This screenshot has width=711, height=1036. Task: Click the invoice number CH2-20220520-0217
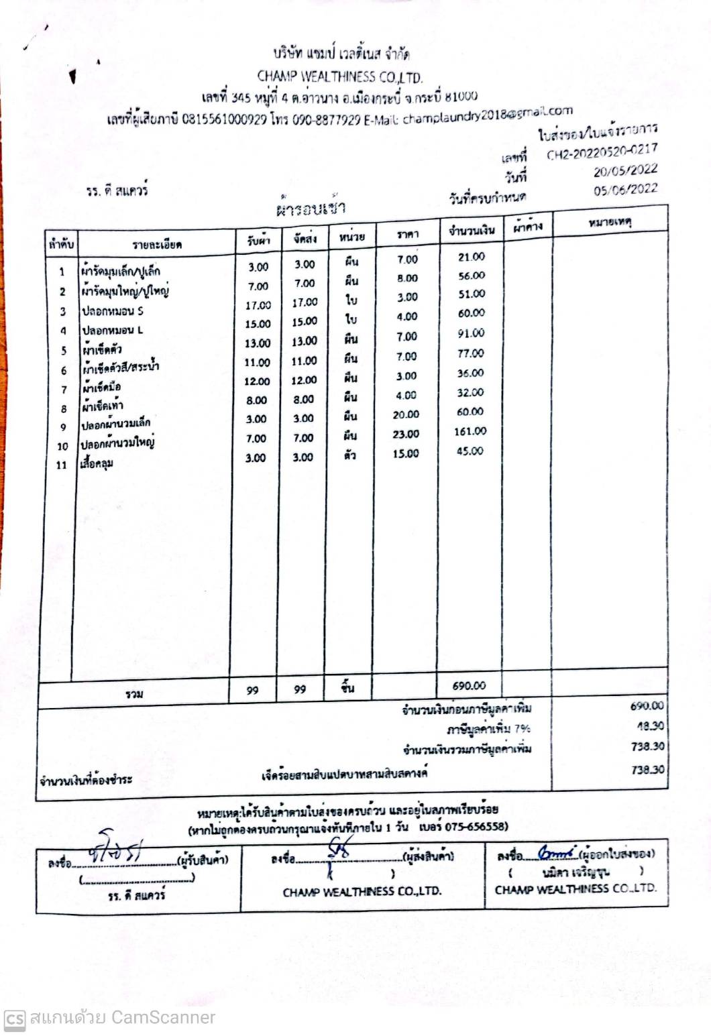[x=602, y=152]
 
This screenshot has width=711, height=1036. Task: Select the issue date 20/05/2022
[x=625, y=170]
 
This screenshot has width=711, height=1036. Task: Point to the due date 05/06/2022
[x=625, y=189]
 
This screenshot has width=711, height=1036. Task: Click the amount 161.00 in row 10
[x=470, y=431]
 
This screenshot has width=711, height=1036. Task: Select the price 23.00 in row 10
[x=406, y=434]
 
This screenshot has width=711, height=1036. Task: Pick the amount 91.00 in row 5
[x=471, y=333]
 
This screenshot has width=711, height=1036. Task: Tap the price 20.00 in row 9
[x=406, y=414]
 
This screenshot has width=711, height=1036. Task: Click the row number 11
[x=62, y=465]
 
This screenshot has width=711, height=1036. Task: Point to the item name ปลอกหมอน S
[x=113, y=311]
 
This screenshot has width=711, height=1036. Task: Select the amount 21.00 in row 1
[x=471, y=257]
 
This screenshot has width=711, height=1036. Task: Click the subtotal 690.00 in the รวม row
[x=469, y=685]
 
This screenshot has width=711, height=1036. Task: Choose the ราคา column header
[x=407, y=234]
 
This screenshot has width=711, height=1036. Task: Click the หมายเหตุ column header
[x=610, y=221]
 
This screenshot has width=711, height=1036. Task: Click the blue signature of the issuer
[x=557, y=853]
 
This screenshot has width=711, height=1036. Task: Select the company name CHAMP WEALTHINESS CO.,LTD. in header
[x=339, y=76]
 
